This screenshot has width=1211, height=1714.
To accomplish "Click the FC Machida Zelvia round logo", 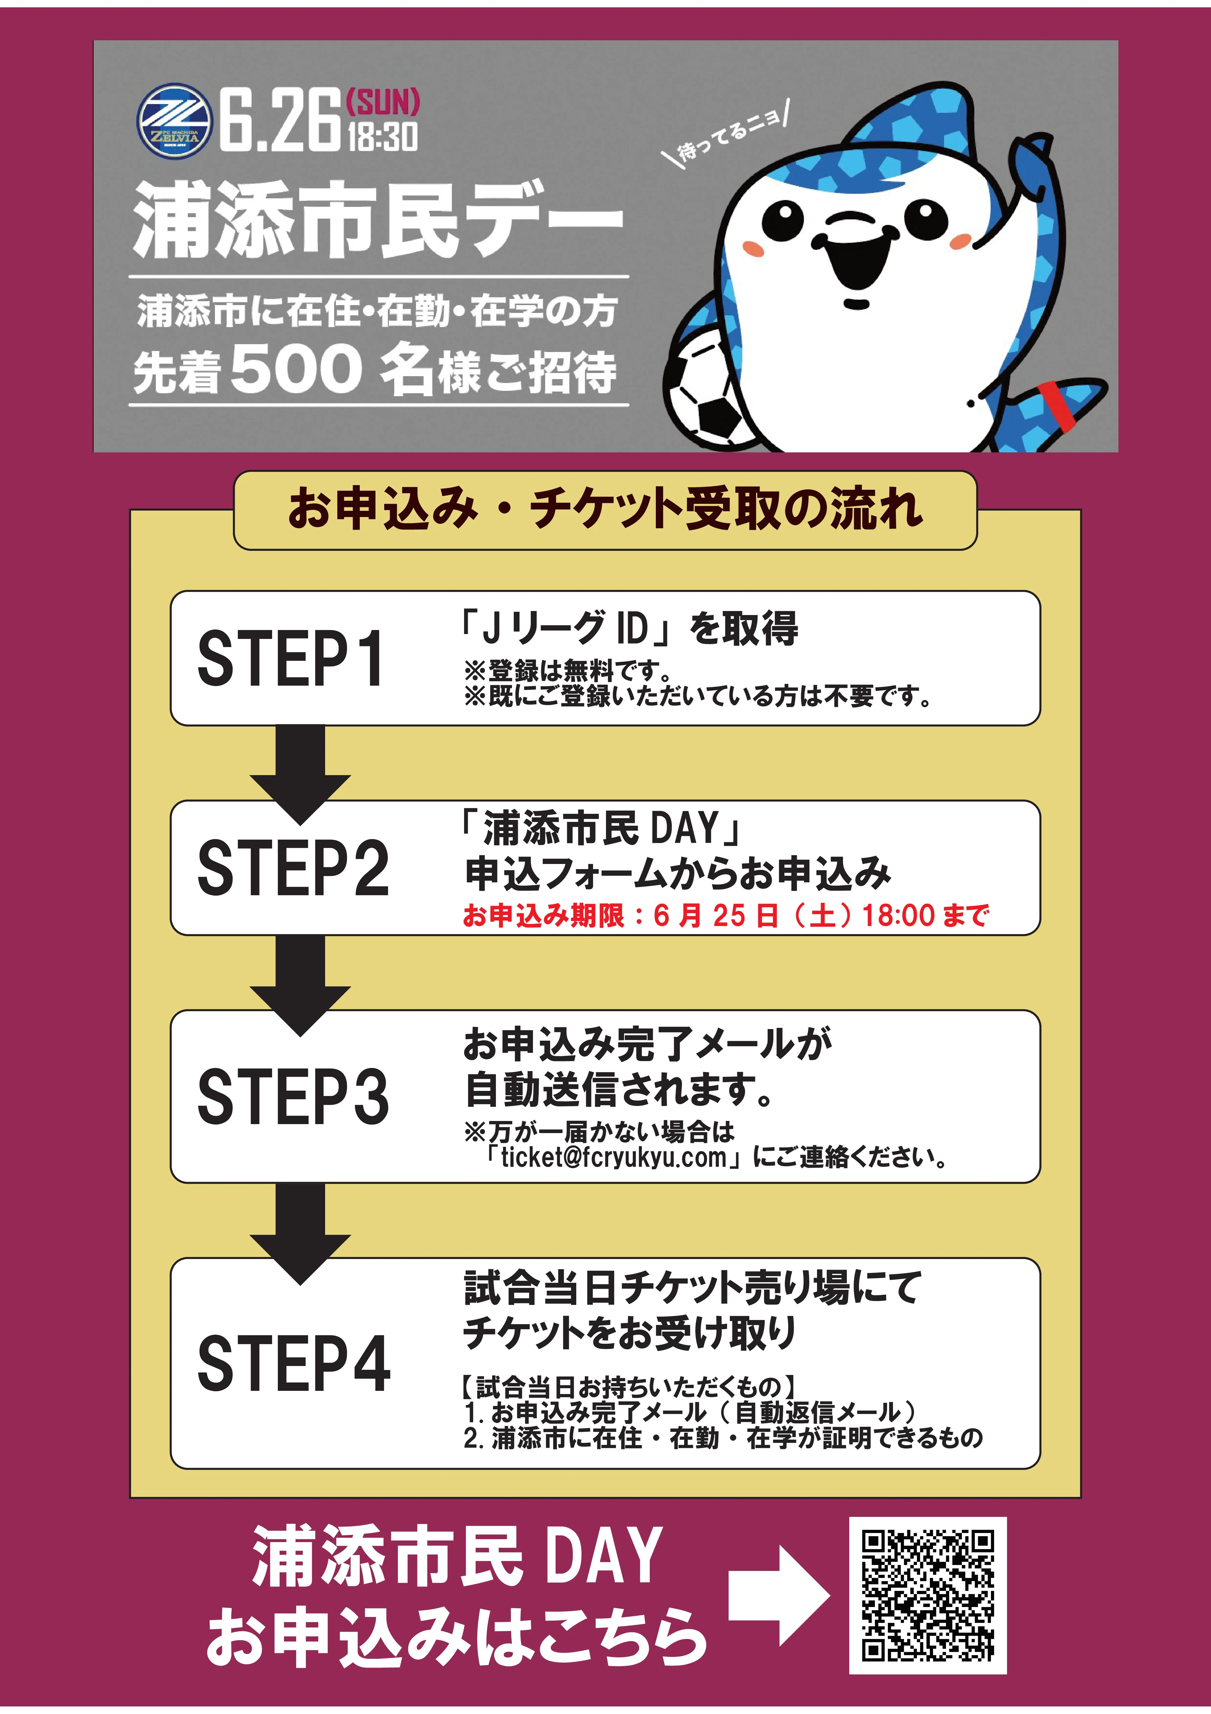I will tap(174, 121).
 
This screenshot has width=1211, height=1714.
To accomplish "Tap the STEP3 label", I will tap(293, 1096).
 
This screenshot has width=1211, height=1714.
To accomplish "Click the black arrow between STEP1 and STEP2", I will tap(300, 773).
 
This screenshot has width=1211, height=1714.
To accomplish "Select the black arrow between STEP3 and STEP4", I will tap(300, 1232).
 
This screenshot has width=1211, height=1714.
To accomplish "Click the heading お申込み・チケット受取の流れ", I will tap(605, 510).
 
